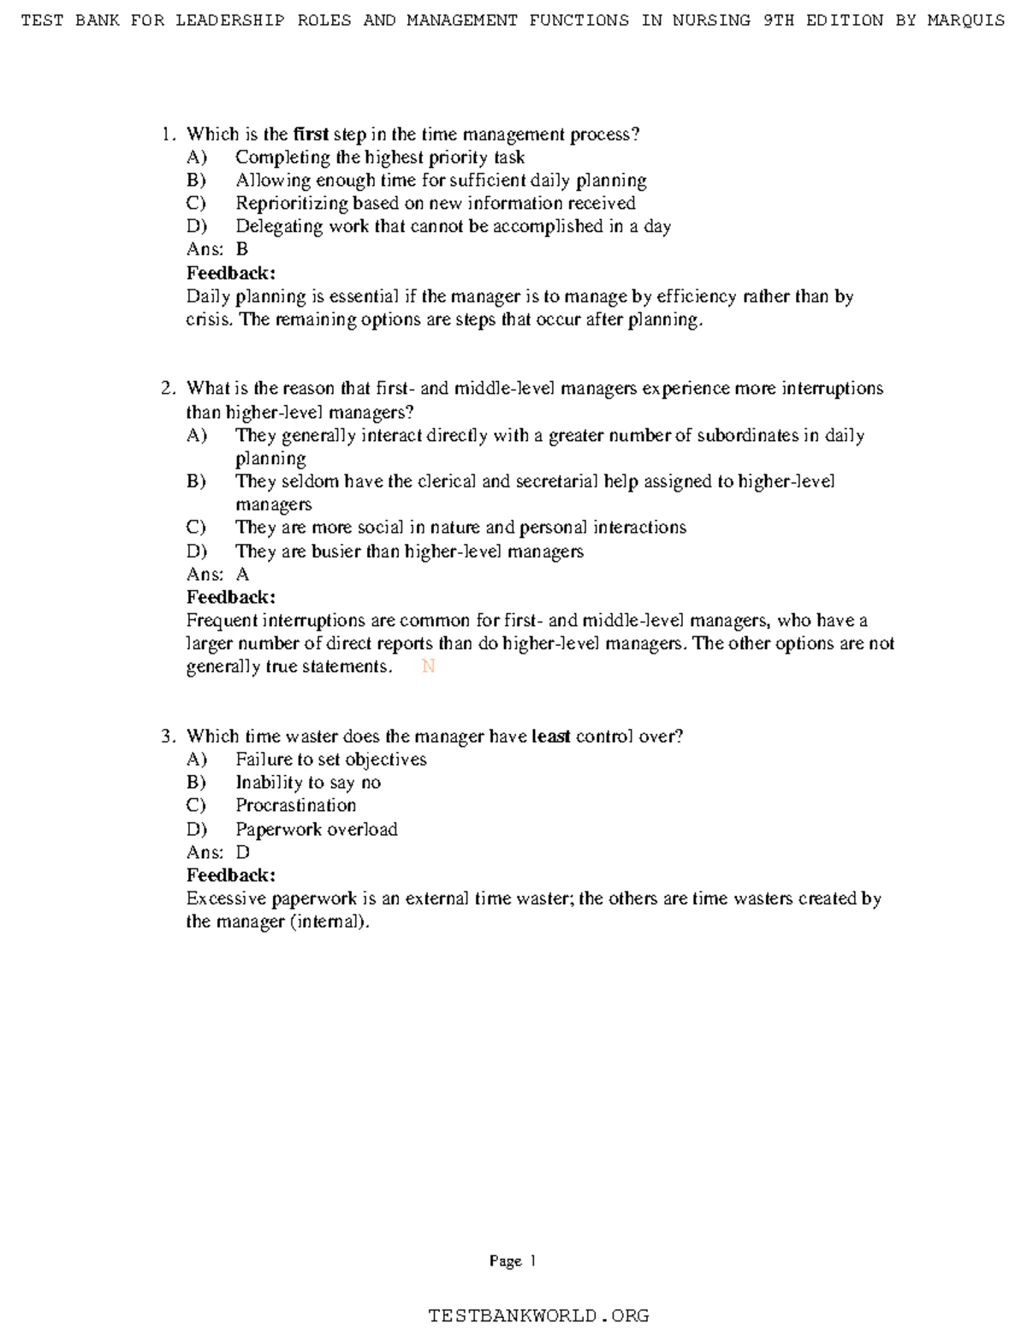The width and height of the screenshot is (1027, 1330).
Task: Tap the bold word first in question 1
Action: pyautogui.click(x=311, y=134)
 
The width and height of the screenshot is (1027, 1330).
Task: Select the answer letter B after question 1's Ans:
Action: pyautogui.click(x=242, y=249)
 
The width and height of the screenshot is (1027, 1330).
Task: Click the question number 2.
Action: pyautogui.click(x=168, y=388)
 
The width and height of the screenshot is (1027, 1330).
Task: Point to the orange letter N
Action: pyautogui.click(x=429, y=666)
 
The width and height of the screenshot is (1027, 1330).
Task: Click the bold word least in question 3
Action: pyautogui.click(x=550, y=736)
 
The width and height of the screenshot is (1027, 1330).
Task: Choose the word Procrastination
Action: pyautogui.click(x=295, y=805)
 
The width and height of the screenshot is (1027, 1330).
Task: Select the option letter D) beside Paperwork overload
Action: pyautogui.click(x=197, y=829)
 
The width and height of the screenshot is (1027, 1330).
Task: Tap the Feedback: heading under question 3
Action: pyautogui.click(x=231, y=875)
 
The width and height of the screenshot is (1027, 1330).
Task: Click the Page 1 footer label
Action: pyautogui.click(x=513, y=1261)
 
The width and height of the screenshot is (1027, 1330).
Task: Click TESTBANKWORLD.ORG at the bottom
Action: pyautogui.click(x=538, y=1315)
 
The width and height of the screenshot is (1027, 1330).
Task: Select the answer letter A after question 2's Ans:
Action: pyautogui.click(x=242, y=574)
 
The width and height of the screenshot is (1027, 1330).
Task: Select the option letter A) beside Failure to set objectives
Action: pyautogui.click(x=197, y=759)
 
